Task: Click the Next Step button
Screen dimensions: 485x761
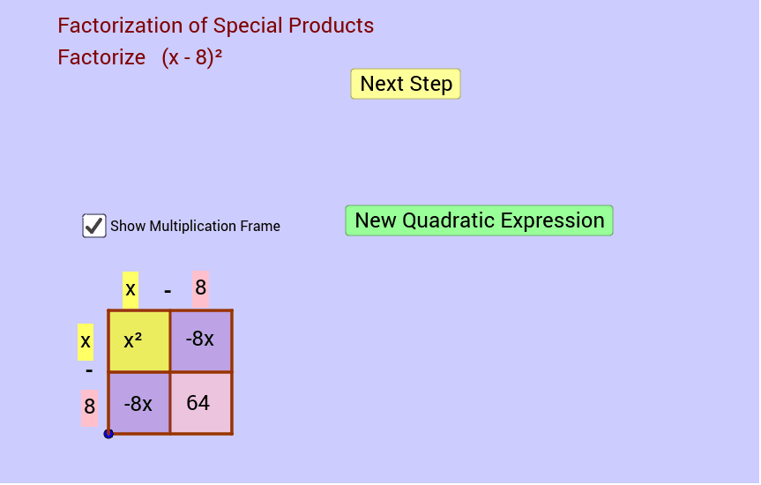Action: point(406,84)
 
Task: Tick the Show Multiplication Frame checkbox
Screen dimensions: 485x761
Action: point(94,226)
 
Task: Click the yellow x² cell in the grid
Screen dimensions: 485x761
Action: point(139,340)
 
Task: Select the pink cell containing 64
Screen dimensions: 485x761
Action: point(201,403)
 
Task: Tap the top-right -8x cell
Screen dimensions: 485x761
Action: point(201,340)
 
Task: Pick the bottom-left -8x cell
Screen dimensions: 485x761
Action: point(139,403)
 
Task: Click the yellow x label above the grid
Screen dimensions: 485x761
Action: point(131,288)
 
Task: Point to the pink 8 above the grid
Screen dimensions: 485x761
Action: point(200,288)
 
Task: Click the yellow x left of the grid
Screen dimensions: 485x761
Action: point(86,341)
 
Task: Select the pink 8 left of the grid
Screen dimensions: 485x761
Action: point(89,407)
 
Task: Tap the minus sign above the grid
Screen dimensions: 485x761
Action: point(167,290)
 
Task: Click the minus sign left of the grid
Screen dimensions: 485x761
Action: point(88,372)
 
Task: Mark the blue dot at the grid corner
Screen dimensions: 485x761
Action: point(108,433)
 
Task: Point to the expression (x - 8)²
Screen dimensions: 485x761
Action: point(191,57)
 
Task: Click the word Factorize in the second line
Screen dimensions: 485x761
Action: point(101,57)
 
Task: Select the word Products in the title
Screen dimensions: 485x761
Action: point(332,26)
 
